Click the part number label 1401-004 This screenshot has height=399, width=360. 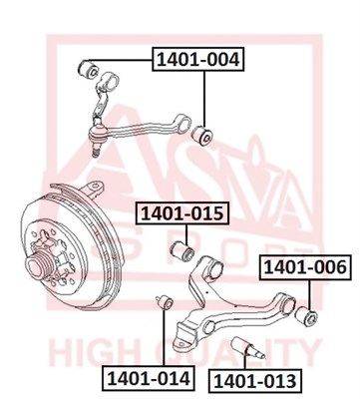pos(198,60)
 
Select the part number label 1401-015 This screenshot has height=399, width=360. pos(182,213)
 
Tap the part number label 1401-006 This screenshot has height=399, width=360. pos(305,267)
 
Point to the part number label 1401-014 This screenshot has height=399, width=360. pos(149,378)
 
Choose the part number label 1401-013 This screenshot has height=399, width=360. pos(254,380)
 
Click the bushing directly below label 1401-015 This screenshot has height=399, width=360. pos(182,252)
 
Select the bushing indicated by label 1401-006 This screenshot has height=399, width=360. pos(306,314)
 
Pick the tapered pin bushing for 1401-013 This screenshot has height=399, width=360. pos(248,348)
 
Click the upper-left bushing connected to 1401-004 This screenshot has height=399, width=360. pos(88,68)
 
